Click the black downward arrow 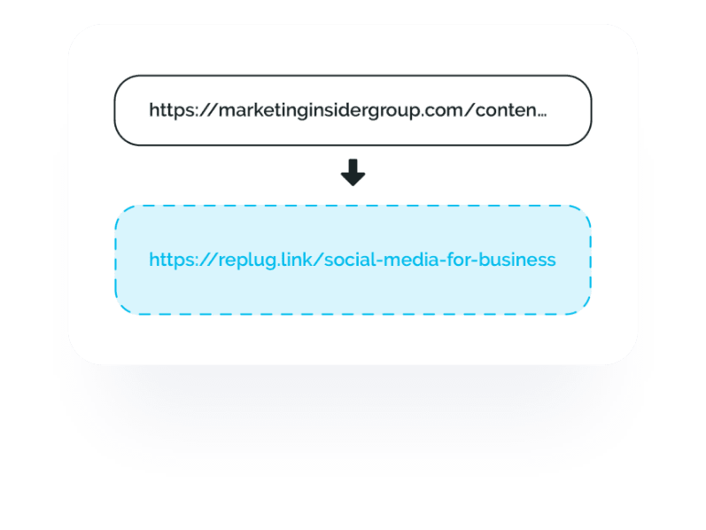[x=353, y=174]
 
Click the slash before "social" [x=312, y=260]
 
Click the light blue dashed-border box [x=353, y=292]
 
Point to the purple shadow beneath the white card [x=353, y=399]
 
